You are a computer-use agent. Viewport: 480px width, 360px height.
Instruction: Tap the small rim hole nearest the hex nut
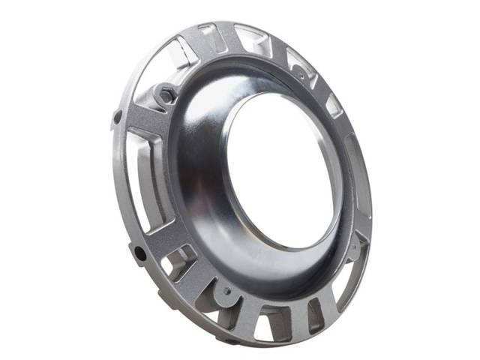(x=118, y=116)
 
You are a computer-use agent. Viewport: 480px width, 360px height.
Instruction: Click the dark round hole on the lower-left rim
(x=140, y=253)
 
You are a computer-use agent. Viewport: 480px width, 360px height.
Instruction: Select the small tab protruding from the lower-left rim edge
(x=133, y=247)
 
